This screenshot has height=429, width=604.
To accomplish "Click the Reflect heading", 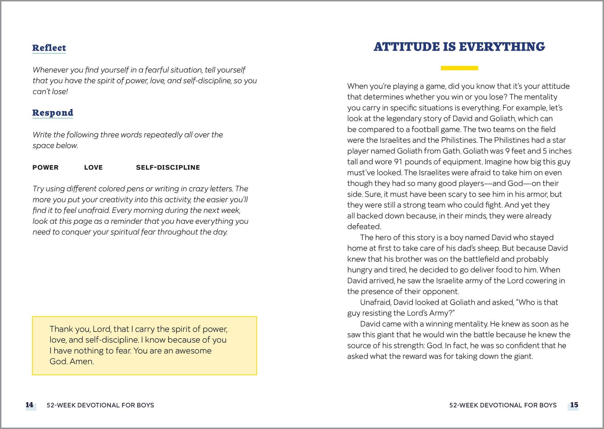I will pos(49,48).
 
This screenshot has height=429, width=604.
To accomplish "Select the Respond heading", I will pos(52,113).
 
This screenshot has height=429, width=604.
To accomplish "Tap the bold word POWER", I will pos(45,167).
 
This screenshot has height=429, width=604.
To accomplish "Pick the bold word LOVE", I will pos(93,167).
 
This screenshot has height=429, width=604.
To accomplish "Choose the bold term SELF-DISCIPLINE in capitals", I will pos(168,167).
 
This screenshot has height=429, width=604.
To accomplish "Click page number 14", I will pos(29,405).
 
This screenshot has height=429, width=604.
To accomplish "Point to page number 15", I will pos(574,405).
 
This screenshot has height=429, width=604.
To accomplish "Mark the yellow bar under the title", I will pos(459,68).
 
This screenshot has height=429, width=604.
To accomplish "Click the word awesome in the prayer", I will pos(193,351).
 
